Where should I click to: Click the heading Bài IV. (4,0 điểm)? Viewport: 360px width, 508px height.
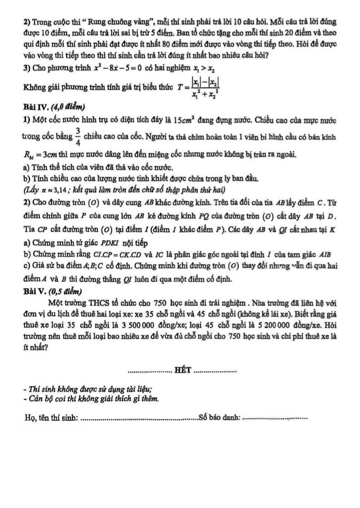click(x=54, y=107)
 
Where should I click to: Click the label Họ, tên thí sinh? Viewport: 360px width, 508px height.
click(x=51, y=418)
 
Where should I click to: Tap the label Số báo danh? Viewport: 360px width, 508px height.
click(x=219, y=418)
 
